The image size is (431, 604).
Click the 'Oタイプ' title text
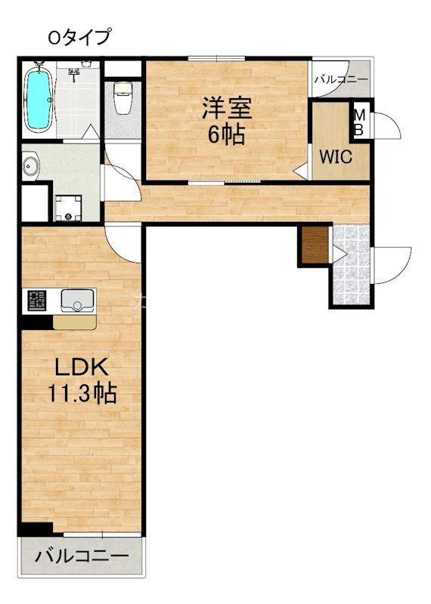78,35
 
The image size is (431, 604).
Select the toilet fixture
122,98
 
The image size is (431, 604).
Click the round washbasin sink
33,166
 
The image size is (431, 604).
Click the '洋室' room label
226,109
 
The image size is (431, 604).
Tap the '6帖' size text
226,136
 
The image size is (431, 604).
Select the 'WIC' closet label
333,158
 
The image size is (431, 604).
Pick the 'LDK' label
82,369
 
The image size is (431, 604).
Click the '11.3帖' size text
83,393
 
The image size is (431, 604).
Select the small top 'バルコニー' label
340,79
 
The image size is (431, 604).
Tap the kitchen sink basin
76,302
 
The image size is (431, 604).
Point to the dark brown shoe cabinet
314,245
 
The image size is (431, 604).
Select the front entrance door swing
392,264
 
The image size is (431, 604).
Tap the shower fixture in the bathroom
75,73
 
